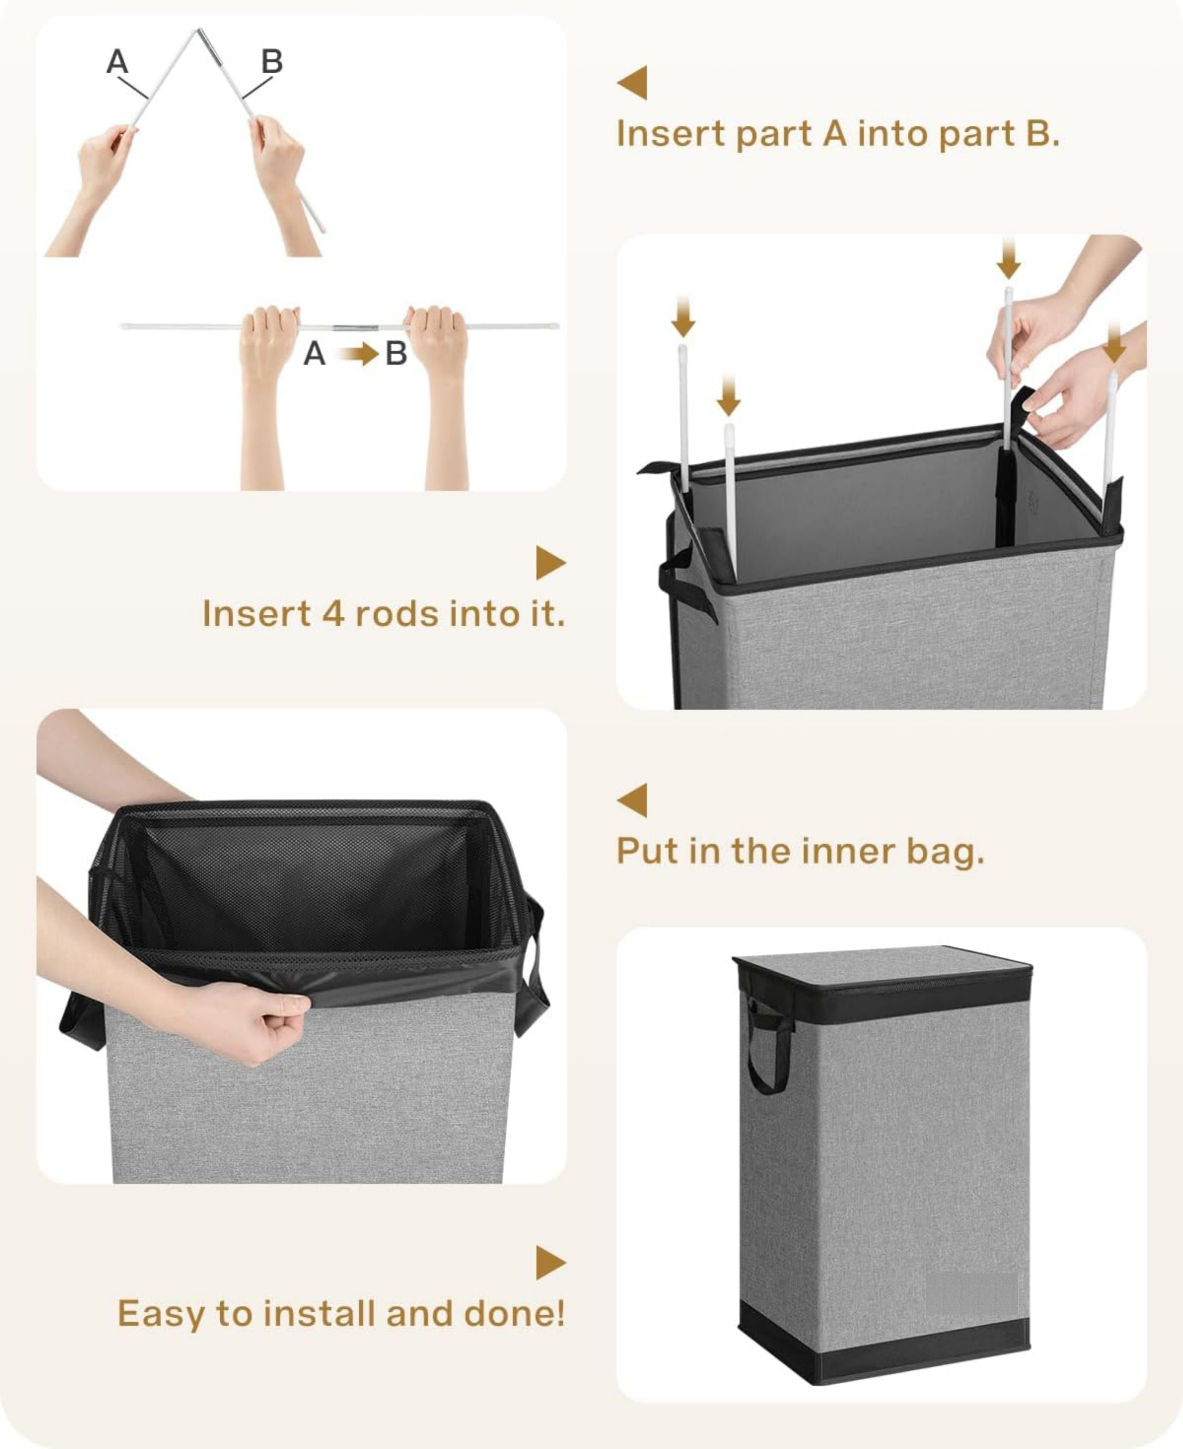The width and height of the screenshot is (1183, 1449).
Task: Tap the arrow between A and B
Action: pos(359,353)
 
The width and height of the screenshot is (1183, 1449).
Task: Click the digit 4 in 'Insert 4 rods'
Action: pos(333,614)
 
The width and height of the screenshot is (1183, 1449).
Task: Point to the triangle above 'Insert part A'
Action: pos(632,83)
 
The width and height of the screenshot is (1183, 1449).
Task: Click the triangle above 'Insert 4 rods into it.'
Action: pos(551,563)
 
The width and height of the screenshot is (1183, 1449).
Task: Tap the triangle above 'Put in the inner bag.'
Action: pos(632,800)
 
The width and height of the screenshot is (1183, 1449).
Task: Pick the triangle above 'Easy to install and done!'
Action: pos(551,1263)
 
